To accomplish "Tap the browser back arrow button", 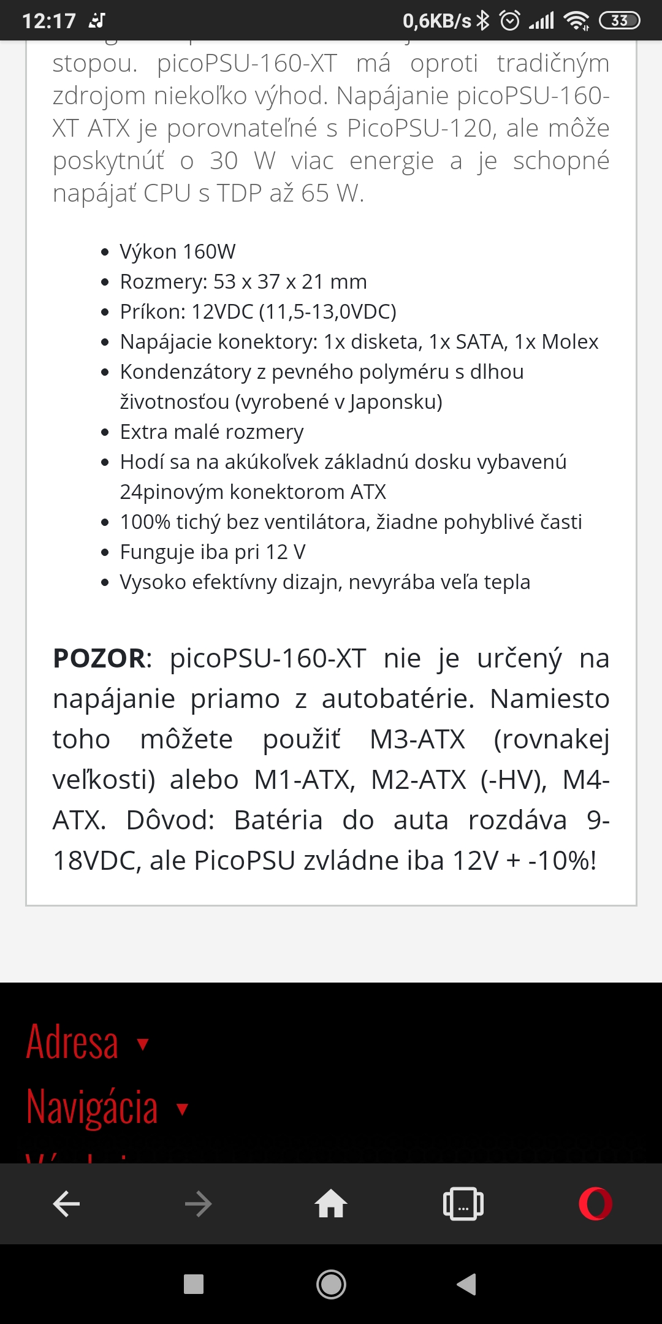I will tap(66, 1204).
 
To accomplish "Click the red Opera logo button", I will tap(595, 1204).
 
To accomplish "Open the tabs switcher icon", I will tap(463, 1204).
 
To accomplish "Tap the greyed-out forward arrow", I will tap(198, 1204).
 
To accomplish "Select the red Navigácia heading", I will tap(92, 1107).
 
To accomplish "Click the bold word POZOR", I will tap(99, 658).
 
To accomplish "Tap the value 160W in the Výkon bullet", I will tap(209, 252).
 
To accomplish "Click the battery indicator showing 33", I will tap(619, 21).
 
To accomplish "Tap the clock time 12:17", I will tap(49, 21).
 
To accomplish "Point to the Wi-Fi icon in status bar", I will tap(577, 21).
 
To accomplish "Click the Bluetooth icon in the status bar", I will tap(484, 21).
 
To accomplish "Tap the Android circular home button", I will tap(331, 1284).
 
